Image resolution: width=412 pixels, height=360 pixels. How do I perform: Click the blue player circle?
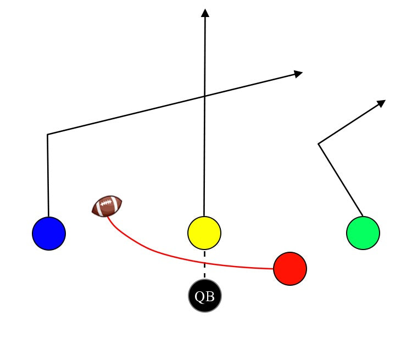coord(49,233)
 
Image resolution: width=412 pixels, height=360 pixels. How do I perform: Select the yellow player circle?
coord(204,233)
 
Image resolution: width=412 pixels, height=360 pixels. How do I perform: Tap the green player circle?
coord(363,233)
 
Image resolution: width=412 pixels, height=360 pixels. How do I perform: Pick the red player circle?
coord(290,269)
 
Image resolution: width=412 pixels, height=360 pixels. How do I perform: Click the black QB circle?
coord(205,296)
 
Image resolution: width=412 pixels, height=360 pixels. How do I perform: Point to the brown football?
coord(107,206)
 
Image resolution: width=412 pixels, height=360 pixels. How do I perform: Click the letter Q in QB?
coord(200,297)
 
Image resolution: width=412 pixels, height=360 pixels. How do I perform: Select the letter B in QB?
coord(210,297)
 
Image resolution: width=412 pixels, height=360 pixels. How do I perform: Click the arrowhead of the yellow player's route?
coord(205,13)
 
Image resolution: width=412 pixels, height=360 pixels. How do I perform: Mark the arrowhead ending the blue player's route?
coord(299,73)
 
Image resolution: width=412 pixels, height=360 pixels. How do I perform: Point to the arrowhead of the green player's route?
coord(381,103)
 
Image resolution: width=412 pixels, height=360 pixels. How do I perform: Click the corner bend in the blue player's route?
coord(48,134)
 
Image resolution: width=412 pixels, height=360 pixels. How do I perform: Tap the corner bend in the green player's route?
coord(319,144)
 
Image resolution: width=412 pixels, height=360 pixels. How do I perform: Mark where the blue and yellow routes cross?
coord(205,96)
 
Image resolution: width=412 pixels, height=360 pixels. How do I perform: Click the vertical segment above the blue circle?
coord(48,176)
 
